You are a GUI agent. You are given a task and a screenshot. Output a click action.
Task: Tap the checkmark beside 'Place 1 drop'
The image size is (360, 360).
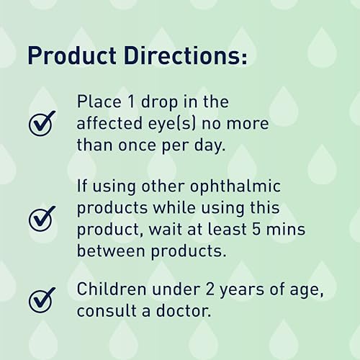click(x=42, y=124)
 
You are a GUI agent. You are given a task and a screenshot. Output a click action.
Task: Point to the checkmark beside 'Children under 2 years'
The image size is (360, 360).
click(x=42, y=299)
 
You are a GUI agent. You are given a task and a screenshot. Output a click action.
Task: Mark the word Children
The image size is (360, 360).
click(x=111, y=292)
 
